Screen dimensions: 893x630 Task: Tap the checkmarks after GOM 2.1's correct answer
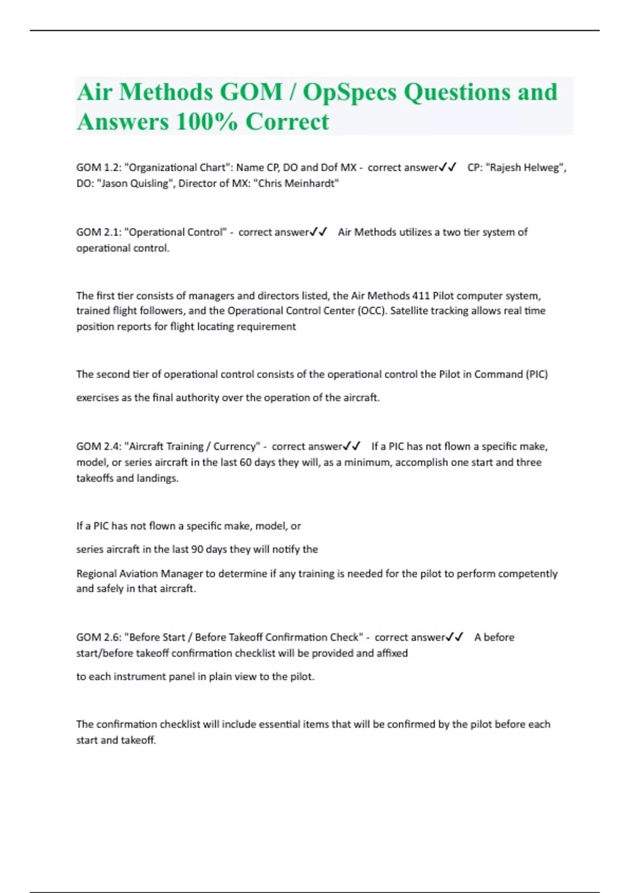point(319,232)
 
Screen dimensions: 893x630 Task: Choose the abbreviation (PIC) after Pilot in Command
point(536,375)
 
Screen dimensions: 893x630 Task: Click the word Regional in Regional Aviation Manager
point(96,574)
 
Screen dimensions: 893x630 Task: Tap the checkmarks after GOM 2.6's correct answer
point(455,637)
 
